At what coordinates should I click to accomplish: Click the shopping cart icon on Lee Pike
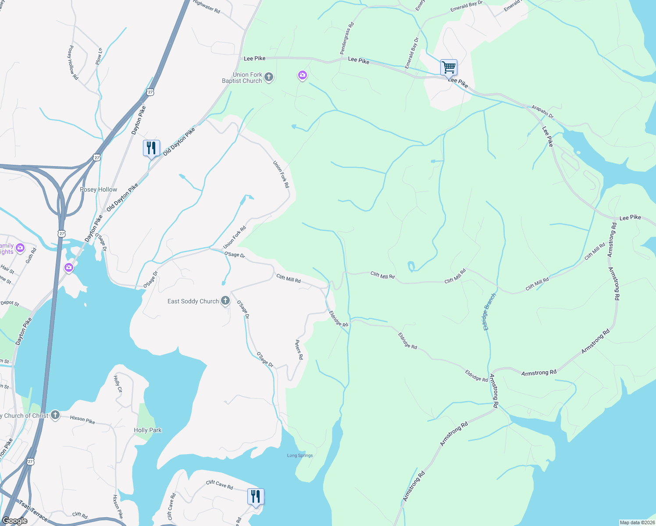[x=449, y=68]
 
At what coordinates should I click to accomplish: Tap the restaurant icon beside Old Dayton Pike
[x=151, y=148]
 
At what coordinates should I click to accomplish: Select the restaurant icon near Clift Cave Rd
[x=256, y=497]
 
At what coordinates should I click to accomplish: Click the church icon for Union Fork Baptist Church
[x=269, y=78]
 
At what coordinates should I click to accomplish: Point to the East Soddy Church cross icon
[x=225, y=301]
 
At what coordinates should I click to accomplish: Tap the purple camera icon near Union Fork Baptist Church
[x=302, y=76]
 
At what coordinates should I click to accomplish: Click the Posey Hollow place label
[x=99, y=189]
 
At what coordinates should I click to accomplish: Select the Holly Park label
[x=147, y=430]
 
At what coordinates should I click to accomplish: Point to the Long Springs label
[x=300, y=455]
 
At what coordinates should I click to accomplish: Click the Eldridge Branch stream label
[x=489, y=312]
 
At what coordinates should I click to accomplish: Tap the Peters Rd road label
[x=299, y=350]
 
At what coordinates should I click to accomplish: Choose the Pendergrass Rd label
[x=346, y=39]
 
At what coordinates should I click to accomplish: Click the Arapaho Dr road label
[x=542, y=111]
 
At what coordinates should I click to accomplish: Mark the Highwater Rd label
[x=207, y=7]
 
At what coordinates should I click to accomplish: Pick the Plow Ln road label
[x=99, y=57]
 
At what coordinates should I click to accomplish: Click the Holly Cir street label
[x=118, y=384]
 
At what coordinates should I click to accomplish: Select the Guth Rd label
[x=31, y=256]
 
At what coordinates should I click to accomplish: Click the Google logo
[x=15, y=521]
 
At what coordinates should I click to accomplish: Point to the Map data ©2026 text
[x=636, y=522]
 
